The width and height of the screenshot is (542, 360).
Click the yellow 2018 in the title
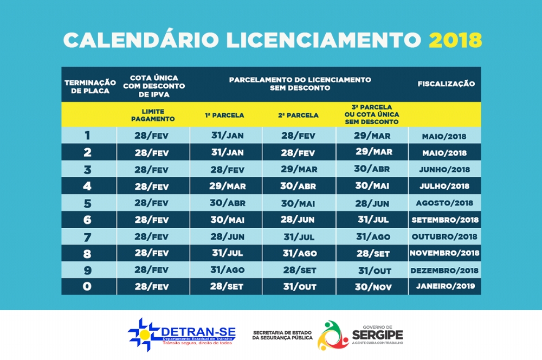(455, 40)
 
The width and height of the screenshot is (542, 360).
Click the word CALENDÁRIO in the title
(140, 40)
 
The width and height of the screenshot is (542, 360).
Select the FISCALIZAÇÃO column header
(446, 84)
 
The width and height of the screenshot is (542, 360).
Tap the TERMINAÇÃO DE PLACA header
(90, 86)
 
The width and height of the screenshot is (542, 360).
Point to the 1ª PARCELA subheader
(224, 115)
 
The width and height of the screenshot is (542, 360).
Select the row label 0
(87, 286)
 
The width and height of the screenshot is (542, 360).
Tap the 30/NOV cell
(372, 287)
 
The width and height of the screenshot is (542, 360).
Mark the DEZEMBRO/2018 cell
(445, 270)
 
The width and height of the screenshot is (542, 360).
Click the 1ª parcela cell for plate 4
(227, 187)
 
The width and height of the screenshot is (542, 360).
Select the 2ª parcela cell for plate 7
(299, 237)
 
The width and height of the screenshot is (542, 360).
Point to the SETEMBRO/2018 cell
(445, 220)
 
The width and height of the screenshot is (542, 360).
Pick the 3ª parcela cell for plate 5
(372, 203)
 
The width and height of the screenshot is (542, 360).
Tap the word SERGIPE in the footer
(377, 334)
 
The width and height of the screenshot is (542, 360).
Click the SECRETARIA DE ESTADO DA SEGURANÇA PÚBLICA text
(282, 335)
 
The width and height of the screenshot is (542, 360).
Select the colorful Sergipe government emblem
(332, 335)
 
